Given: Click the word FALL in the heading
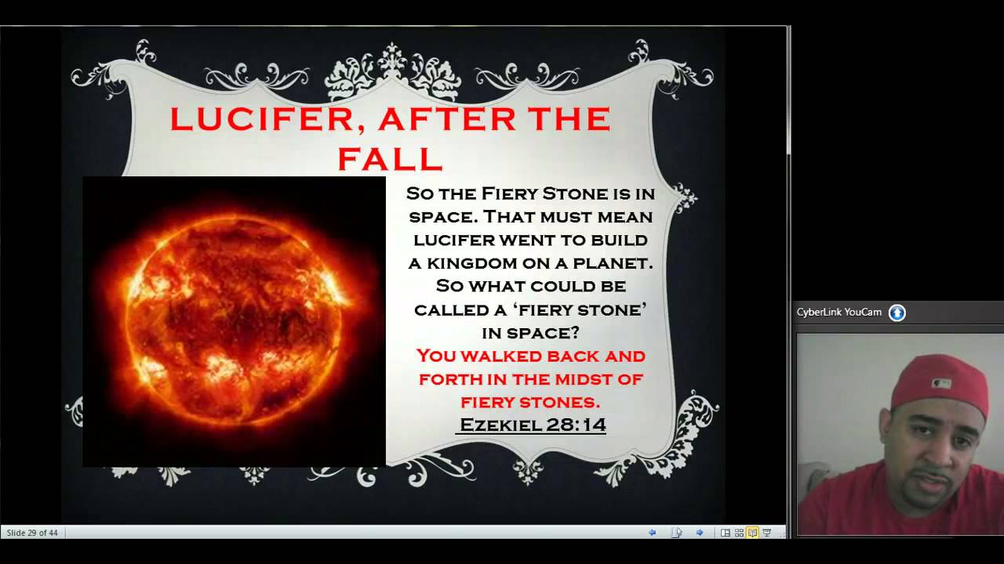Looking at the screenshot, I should tap(390, 158).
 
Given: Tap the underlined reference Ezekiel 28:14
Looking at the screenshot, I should tap(532, 425).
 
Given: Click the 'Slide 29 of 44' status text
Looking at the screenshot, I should tap(32, 533).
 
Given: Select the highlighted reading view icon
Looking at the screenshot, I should tap(752, 533).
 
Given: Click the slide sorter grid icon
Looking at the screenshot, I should tap(739, 533).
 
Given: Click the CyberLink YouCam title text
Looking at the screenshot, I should tap(838, 313).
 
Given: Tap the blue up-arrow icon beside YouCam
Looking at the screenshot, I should tap(897, 313).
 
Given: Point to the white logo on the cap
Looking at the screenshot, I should tap(942, 384).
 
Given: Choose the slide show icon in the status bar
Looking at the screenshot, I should tap(766, 533).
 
